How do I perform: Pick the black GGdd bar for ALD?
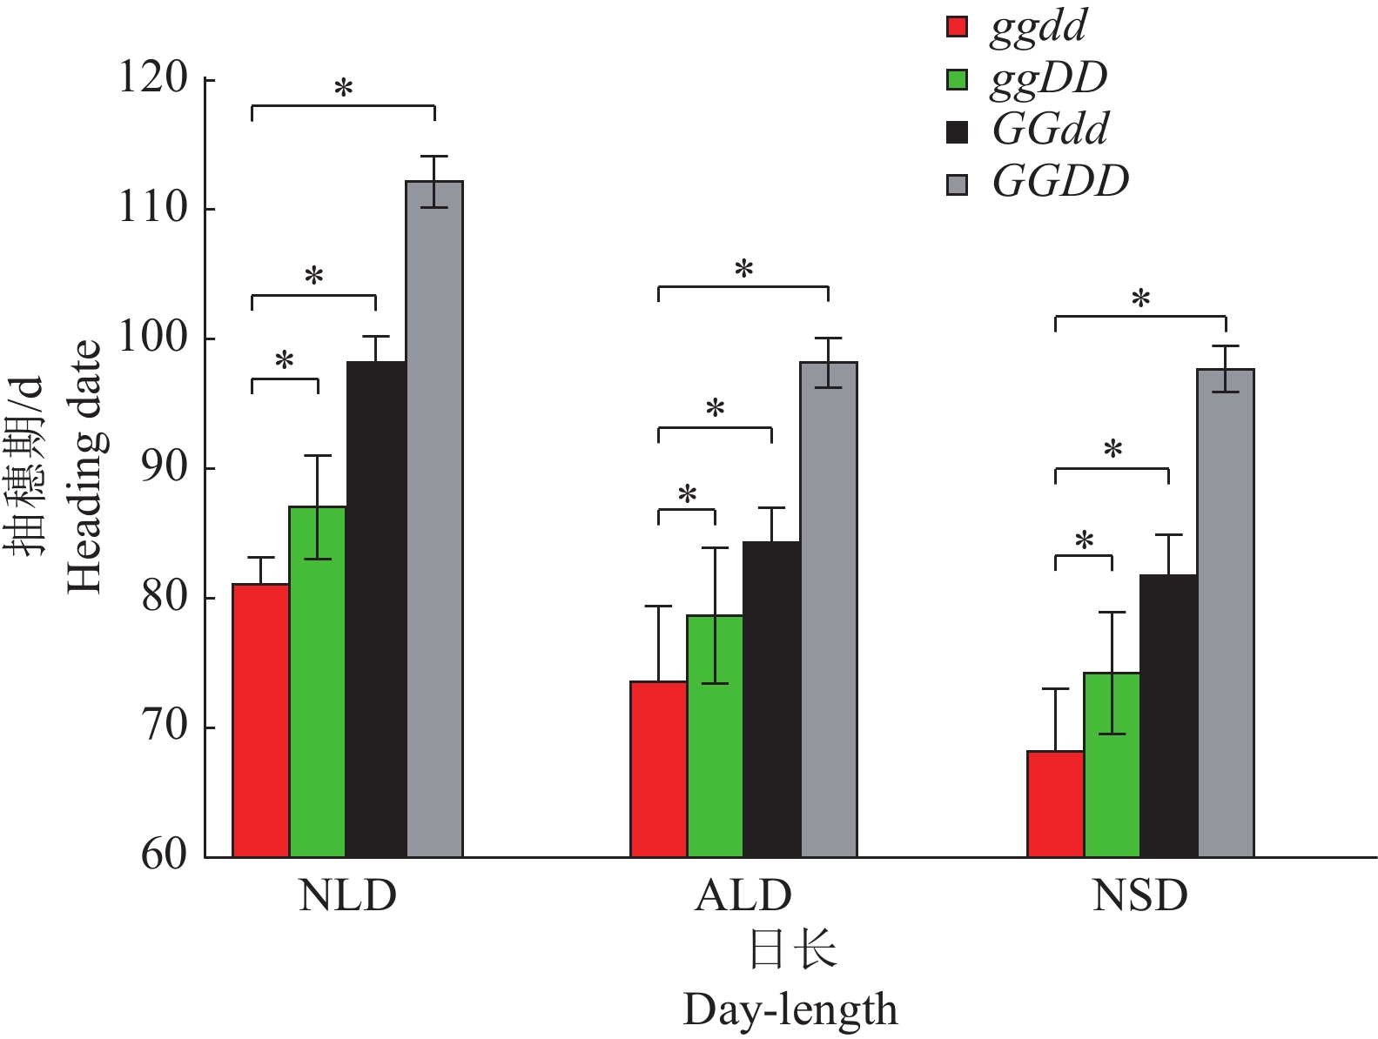tap(771, 700)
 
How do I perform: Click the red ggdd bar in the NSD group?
tap(1055, 804)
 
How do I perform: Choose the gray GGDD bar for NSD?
tap(1226, 613)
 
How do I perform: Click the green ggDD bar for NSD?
tap(1112, 765)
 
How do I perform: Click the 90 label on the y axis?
tap(165, 468)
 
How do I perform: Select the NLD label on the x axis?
tap(347, 895)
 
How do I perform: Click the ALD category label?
tap(743, 895)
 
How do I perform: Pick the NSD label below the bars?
tap(1140, 895)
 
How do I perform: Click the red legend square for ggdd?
tap(957, 27)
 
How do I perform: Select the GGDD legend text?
tap(1060, 182)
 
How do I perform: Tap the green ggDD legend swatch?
tap(957, 79)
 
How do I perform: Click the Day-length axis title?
tap(790, 1010)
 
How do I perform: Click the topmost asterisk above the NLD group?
tap(344, 88)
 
